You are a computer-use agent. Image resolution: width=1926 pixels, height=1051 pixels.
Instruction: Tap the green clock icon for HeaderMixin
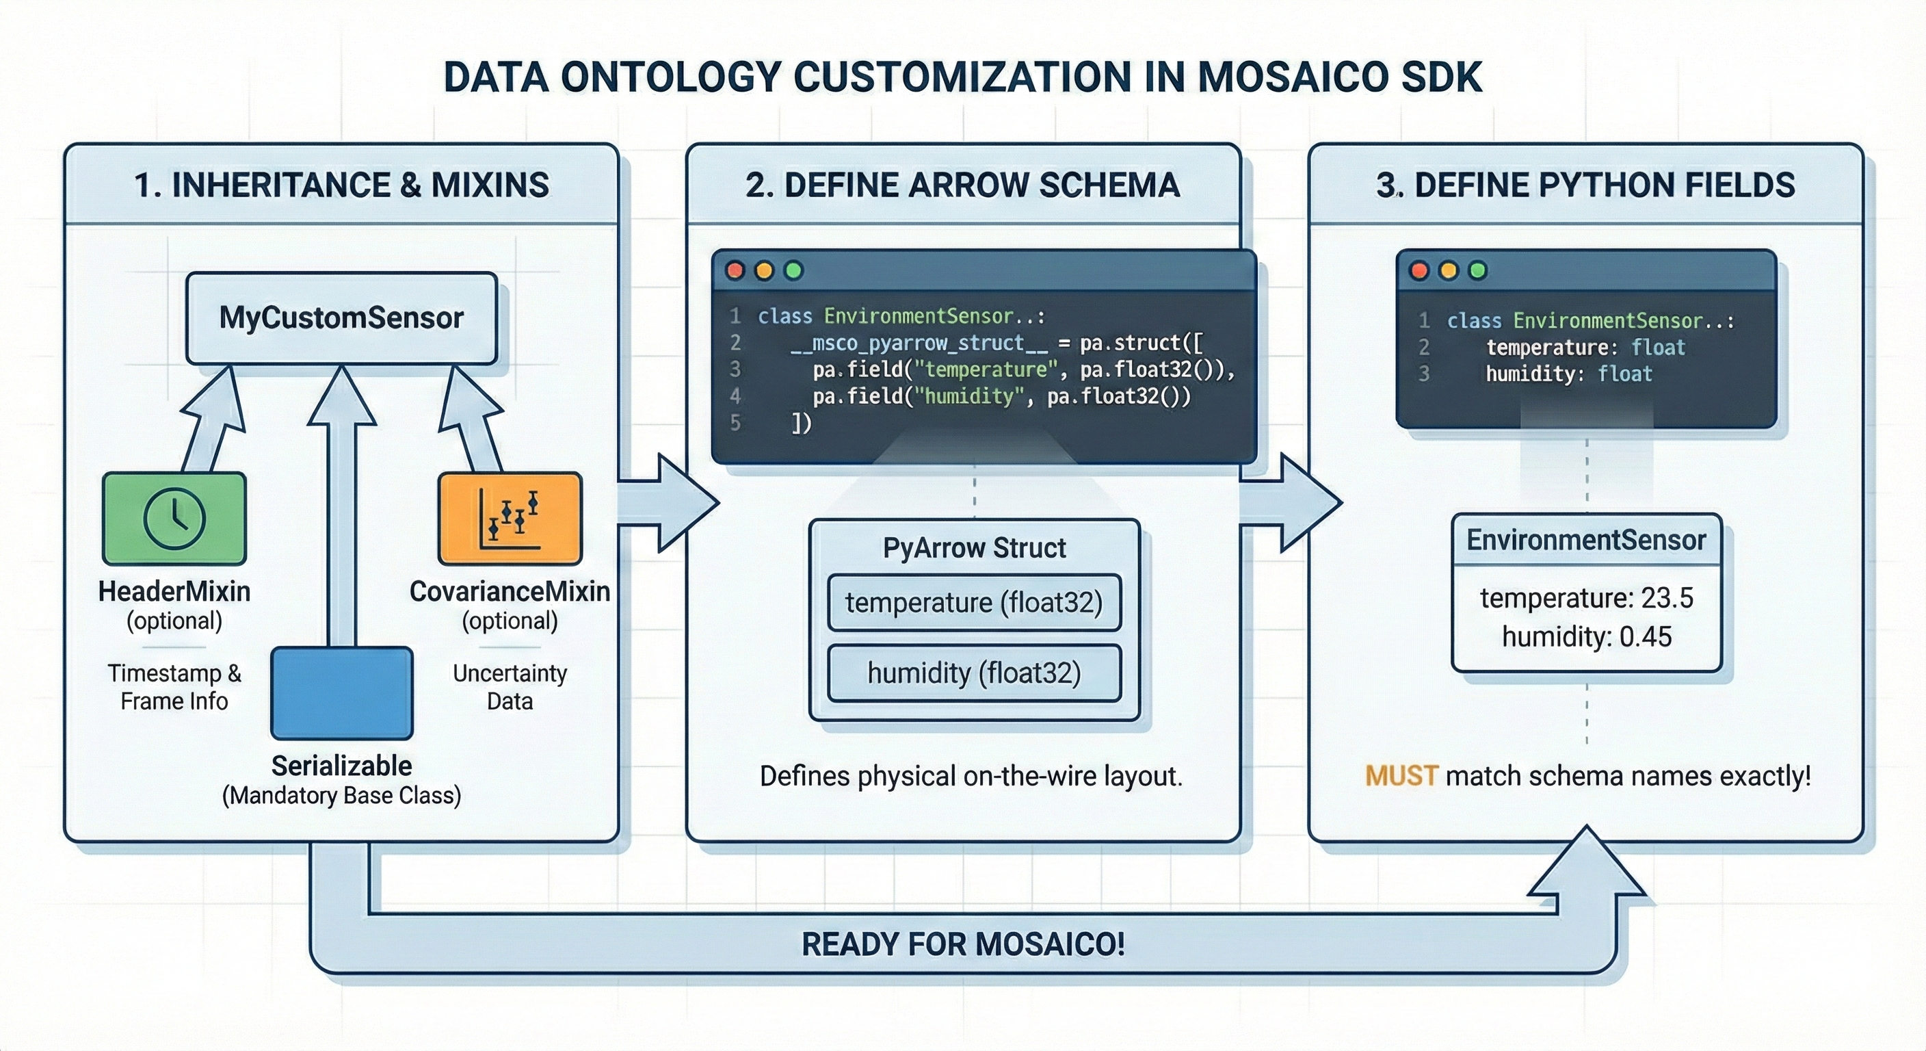point(174,518)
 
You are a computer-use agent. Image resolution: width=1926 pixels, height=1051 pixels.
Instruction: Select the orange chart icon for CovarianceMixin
point(510,518)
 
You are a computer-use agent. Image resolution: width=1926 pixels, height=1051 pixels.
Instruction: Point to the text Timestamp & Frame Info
point(174,687)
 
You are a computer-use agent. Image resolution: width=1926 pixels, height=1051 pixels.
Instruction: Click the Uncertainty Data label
point(510,687)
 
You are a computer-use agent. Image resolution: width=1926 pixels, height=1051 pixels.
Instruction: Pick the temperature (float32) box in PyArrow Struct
point(973,603)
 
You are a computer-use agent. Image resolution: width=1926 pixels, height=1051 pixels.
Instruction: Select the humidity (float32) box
point(973,673)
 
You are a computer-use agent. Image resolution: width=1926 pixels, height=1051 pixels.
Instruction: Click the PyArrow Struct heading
point(973,548)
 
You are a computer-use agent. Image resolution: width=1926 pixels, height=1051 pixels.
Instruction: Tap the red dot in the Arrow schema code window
point(735,271)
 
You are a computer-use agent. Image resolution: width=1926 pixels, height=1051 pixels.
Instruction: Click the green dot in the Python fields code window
point(1477,271)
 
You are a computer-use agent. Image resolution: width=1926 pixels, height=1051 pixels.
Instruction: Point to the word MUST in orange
point(1401,777)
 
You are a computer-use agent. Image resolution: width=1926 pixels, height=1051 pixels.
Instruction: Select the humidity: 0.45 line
point(1586,637)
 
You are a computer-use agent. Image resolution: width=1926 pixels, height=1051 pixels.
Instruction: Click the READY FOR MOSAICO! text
point(963,944)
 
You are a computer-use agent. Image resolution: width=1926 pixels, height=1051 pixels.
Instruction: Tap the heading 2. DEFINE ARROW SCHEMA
point(963,185)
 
